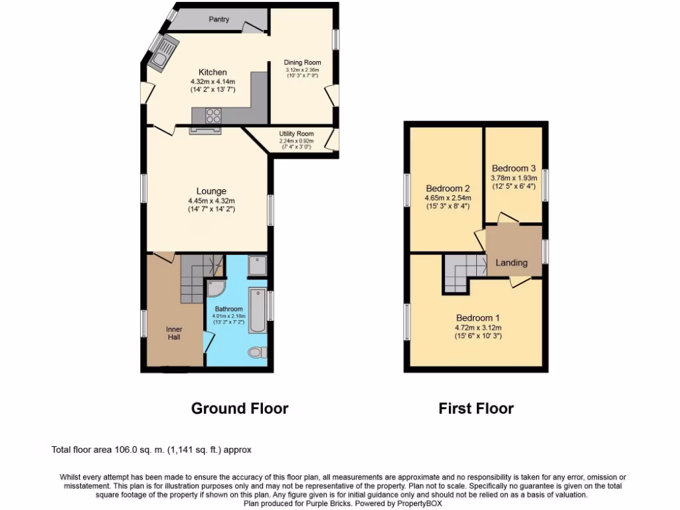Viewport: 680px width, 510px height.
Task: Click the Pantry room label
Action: pos(219,19)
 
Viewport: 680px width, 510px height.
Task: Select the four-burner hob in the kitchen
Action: pos(213,116)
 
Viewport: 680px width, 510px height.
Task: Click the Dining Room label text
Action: pos(302,62)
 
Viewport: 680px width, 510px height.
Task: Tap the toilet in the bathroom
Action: pos(256,352)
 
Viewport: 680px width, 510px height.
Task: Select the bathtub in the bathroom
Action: pos(257,310)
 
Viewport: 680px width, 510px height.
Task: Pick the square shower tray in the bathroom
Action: pos(256,266)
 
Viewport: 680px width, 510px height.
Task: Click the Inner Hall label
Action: pos(174,333)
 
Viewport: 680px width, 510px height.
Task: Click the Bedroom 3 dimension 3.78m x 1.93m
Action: pos(513,178)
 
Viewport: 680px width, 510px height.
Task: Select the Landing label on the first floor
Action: pos(511,262)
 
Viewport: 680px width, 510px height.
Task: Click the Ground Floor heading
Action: pos(240,408)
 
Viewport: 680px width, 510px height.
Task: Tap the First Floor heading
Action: pos(476,408)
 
